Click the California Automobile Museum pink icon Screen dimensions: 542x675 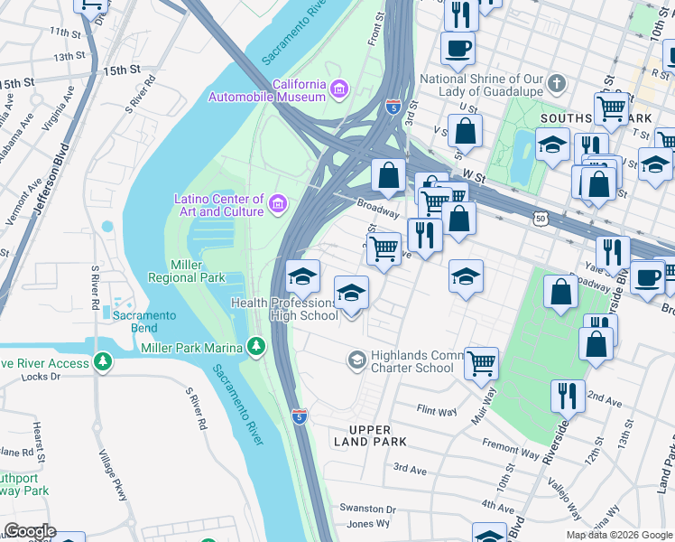coord(338,89)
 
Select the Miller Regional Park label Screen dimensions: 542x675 coord(198,271)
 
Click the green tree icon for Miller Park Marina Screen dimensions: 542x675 coord(257,347)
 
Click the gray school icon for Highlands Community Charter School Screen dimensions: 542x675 coord(356,361)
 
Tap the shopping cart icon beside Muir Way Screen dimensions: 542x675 coord(482,363)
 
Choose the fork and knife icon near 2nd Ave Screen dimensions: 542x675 coord(568,396)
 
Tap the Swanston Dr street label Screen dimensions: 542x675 coord(367,509)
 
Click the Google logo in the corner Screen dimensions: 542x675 coord(29,531)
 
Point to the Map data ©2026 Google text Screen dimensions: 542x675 coord(618,535)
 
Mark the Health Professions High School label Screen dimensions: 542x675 coord(284,309)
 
